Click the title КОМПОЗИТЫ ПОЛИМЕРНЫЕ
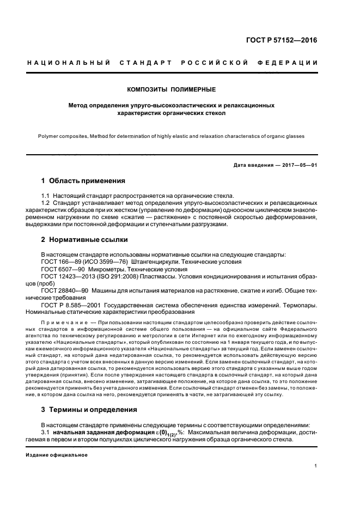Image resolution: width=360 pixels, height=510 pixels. coord(171,89)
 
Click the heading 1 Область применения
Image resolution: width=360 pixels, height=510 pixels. coord(83,180)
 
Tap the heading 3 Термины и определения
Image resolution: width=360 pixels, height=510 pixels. coord(89,409)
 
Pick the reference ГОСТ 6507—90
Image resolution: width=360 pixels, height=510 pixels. coord(62,269)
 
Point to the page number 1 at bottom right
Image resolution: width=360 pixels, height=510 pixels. coord(316,466)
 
